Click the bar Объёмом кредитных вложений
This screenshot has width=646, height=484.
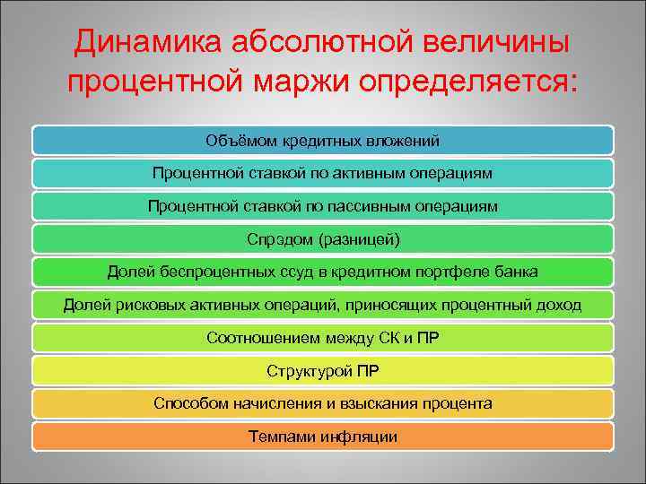[x=323, y=140]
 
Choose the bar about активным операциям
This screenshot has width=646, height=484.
[x=323, y=173]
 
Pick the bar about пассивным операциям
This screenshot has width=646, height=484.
[x=323, y=206]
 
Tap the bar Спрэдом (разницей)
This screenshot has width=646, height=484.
[x=323, y=239]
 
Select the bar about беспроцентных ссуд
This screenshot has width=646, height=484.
[x=323, y=272]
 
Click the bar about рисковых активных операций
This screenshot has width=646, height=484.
[x=323, y=305]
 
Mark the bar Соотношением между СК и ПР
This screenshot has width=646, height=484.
[x=323, y=338]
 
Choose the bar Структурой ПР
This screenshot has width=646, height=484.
[x=323, y=371]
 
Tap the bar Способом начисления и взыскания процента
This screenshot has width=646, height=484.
[x=323, y=403]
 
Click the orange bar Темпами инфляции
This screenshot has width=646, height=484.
[x=323, y=436]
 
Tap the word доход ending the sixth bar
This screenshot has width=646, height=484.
[x=560, y=305]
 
